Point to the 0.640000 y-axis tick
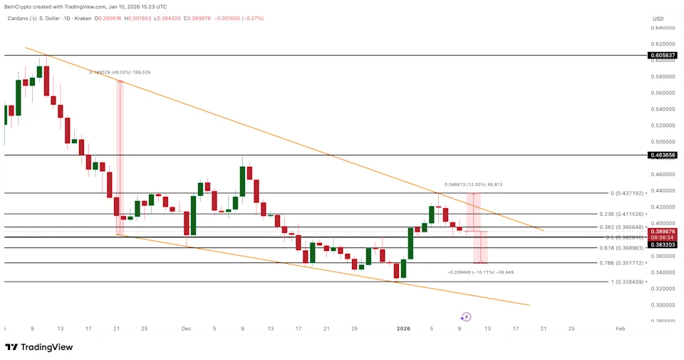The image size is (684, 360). (x=663, y=28)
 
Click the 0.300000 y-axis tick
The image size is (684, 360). (x=663, y=304)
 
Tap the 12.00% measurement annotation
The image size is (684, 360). (x=473, y=185)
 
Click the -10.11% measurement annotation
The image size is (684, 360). (x=480, y=272)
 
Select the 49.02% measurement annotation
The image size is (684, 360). (x=120, y=72)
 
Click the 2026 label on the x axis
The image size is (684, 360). (x=403, y=329)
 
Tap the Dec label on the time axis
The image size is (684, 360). (x=187, y=329)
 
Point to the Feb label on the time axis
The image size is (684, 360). (x=621, y=329)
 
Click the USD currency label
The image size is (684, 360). (x=658, y=19)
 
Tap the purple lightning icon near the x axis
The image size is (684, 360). (x=466, y=317)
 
